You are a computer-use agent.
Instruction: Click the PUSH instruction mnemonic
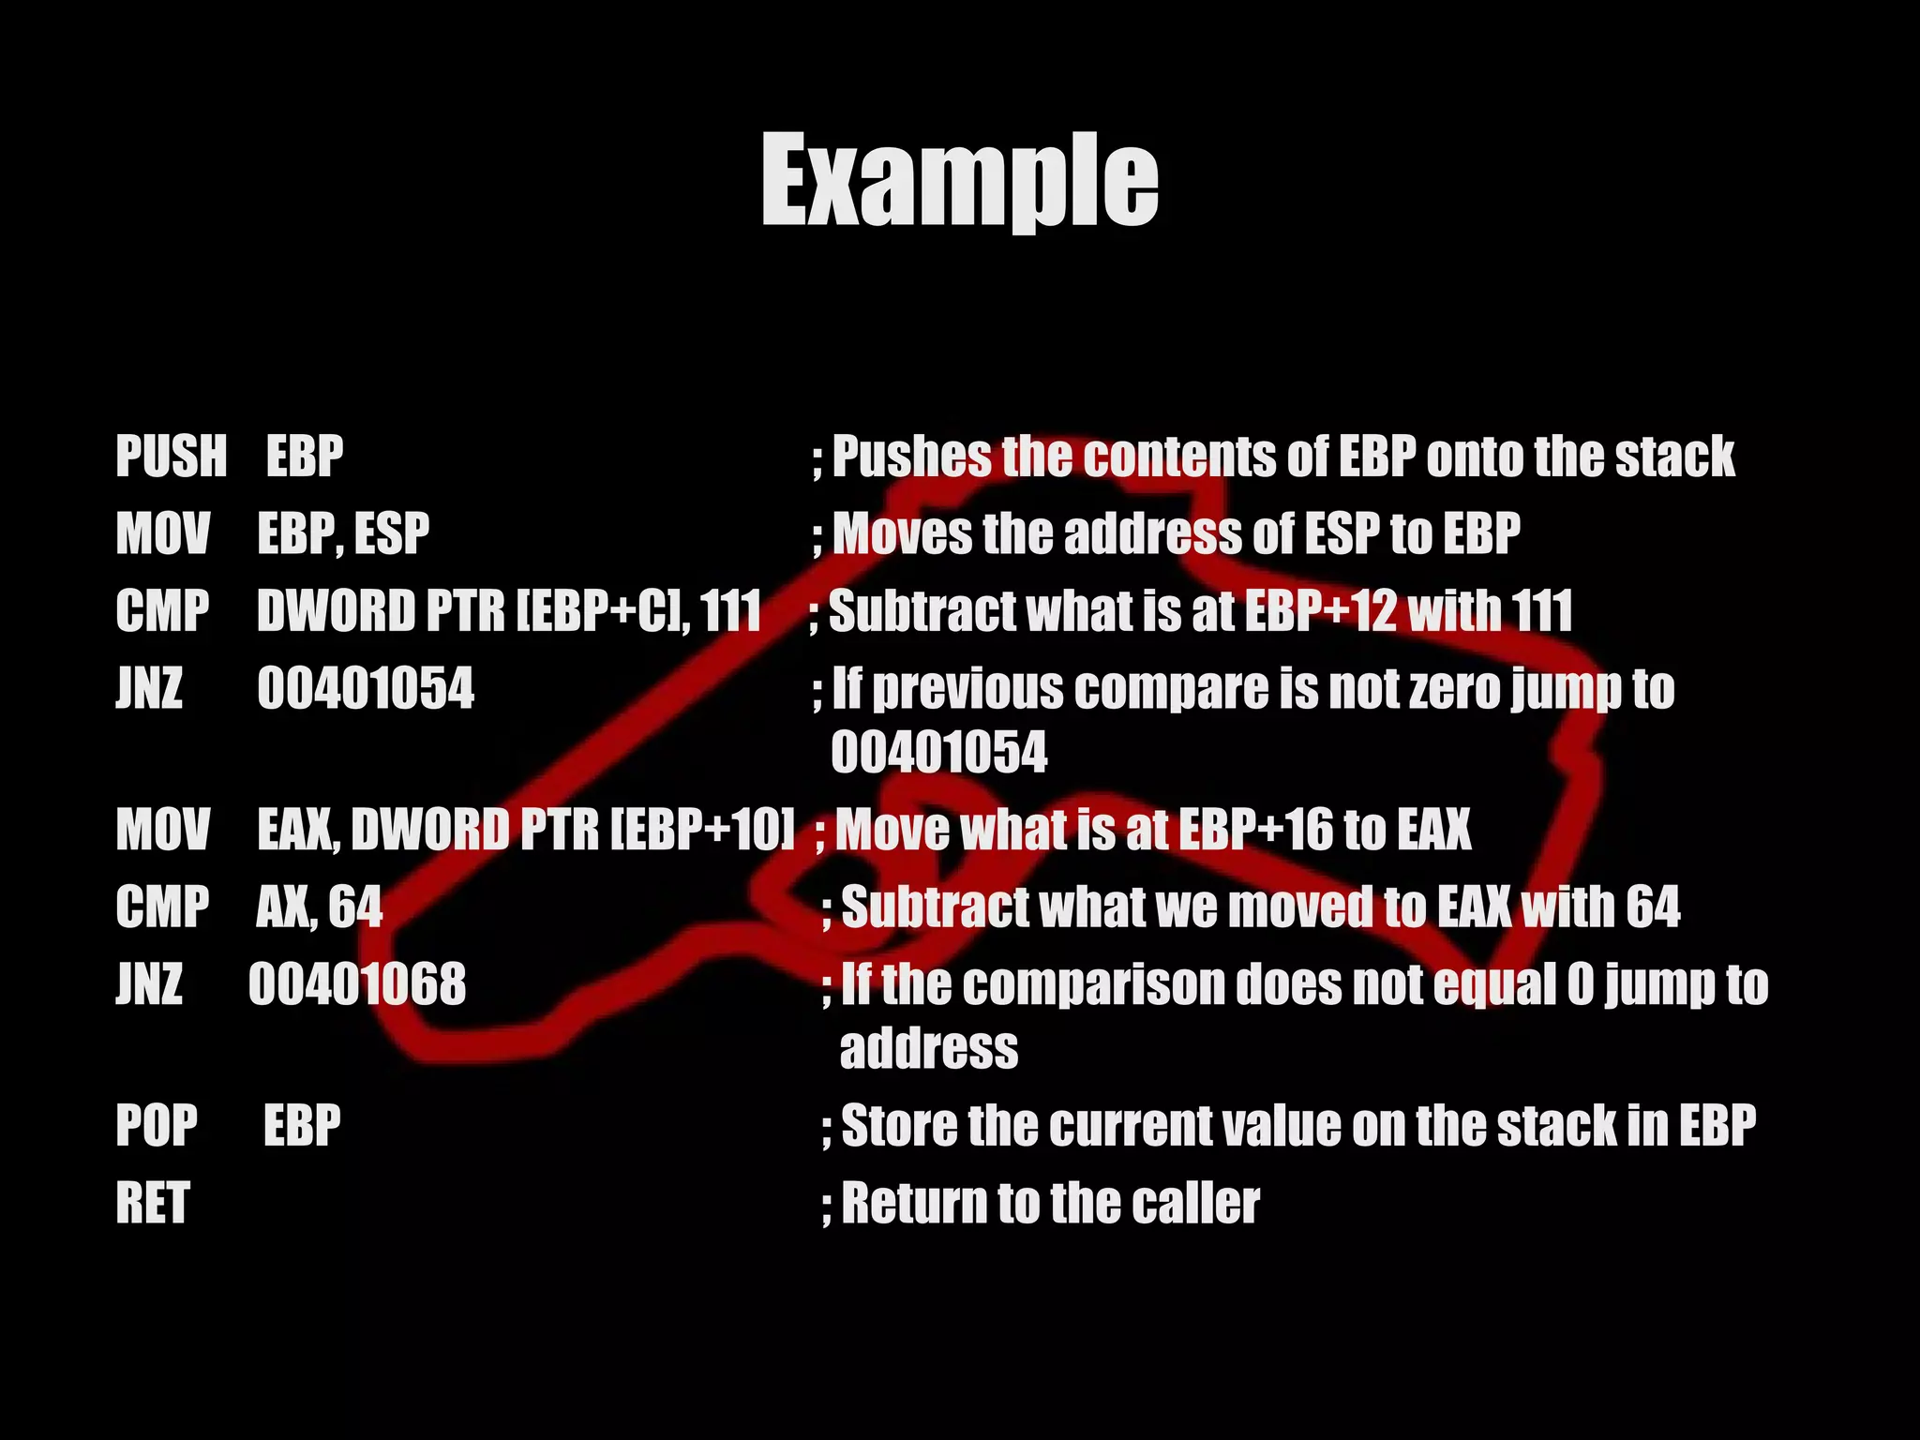172,457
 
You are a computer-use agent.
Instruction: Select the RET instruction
153,1203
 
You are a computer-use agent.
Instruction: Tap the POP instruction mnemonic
157,1125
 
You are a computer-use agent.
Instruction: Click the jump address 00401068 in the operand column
357,984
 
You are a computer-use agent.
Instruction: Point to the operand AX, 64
320,907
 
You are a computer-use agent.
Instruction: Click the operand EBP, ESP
343,533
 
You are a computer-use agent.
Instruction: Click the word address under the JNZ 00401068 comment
928,1048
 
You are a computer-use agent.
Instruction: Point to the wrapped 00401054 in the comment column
939,753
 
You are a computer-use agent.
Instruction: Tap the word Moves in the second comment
903,533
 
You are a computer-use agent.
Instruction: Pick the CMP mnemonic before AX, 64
162,907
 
